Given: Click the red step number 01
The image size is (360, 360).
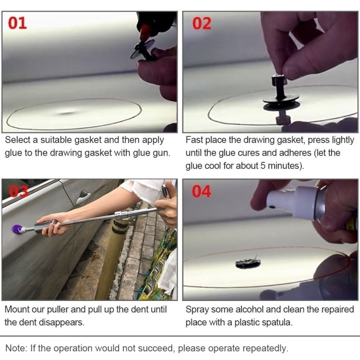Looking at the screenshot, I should (18, 23).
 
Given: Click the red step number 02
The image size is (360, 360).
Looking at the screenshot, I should (202, 23).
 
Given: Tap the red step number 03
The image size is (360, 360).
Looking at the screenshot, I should (19, 191).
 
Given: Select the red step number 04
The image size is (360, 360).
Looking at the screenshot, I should (202, 191).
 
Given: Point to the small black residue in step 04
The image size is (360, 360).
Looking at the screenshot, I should (248, 263).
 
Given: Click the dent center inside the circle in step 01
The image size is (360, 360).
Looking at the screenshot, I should (67, 113).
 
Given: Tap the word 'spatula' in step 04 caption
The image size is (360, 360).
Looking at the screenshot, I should (276, 322).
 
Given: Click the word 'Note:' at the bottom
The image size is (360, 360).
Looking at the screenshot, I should (16, 348).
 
